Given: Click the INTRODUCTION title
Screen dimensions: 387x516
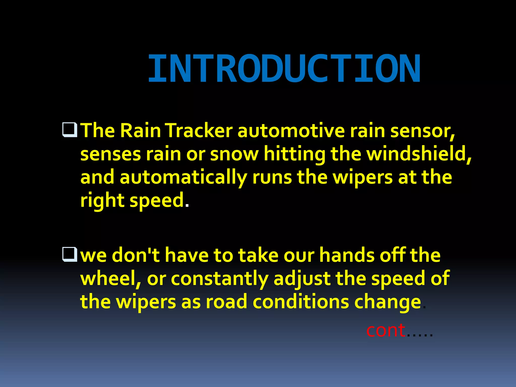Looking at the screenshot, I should click(x=284, y=69).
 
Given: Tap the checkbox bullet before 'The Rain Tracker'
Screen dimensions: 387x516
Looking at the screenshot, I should click(x=70, y=130).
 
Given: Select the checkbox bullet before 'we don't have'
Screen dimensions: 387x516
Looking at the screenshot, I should click(x=70, y=254).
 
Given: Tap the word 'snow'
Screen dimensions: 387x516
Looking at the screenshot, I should click(x=234, y=154).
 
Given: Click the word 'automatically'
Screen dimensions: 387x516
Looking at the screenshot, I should click(x=183, y=177).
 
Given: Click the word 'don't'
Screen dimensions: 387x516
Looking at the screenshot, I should click(x=136, y=255).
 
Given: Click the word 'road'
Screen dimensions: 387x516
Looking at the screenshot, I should click(x=227, y=302).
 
